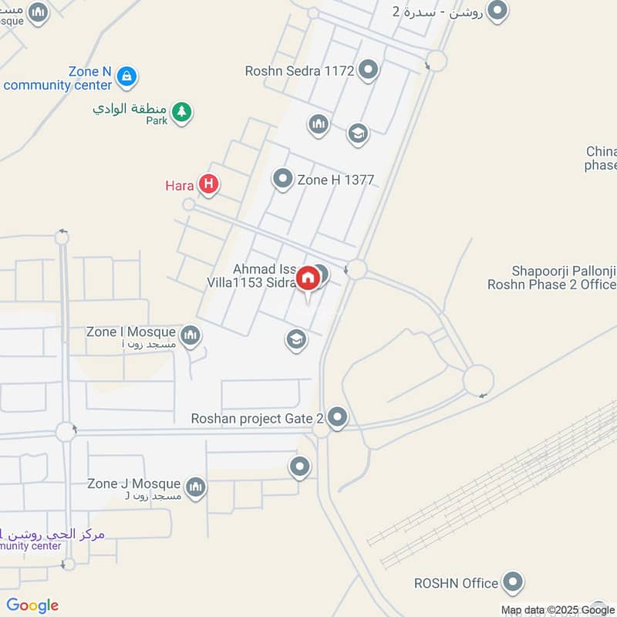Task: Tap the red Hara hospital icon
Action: coord(207,184)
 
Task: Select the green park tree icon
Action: coord(182,113)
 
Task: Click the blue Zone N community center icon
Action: coord(128,76)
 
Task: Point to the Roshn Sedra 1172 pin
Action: coord(369,71)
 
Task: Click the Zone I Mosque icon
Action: coord(190,335)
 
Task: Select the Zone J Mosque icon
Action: coord(196,487)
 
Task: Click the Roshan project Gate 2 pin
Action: coord(338,419)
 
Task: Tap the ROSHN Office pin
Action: coord(513,583)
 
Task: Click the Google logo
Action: coord(32,605)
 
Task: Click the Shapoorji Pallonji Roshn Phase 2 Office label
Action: coord(552,278)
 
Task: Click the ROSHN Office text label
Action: coord(456,583)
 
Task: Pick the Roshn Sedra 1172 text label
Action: coord(299,71)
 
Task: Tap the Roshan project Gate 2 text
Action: coord(258,419)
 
